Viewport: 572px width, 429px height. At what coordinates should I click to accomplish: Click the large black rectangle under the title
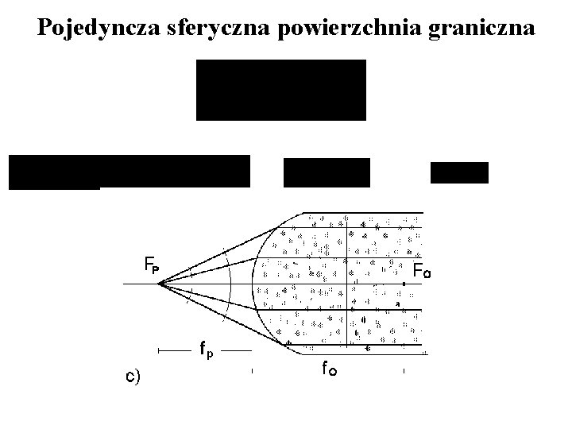pyautogui.click(x=280, y=90)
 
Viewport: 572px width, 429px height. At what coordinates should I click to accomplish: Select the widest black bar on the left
pyautogui.click(x=129, y=171)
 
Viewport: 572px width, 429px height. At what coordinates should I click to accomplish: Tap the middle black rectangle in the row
pyautogui.click(x=327, y=172)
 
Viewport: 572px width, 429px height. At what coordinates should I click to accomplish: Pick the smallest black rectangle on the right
pyautogui.click(x=459, y=172)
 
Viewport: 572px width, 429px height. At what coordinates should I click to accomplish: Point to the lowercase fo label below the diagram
pyautogui.click(x=328, y=367)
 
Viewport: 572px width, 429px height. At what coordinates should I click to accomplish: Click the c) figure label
pyautogui.click(x=133, y=376)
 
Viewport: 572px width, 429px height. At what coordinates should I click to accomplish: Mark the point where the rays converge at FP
pyautogui.click(x=159, y=284)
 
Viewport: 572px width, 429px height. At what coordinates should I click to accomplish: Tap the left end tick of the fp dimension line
pyautogui.click(x=159, y=350)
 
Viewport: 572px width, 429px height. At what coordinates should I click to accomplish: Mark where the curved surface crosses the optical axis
pyautogui.click(x=252, y=284)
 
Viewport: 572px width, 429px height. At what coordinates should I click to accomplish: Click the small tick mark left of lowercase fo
pyautogui.click(x=252, y=370)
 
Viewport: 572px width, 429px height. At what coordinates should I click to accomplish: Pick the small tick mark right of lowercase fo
pyautogui.click(x=404, y=370)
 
